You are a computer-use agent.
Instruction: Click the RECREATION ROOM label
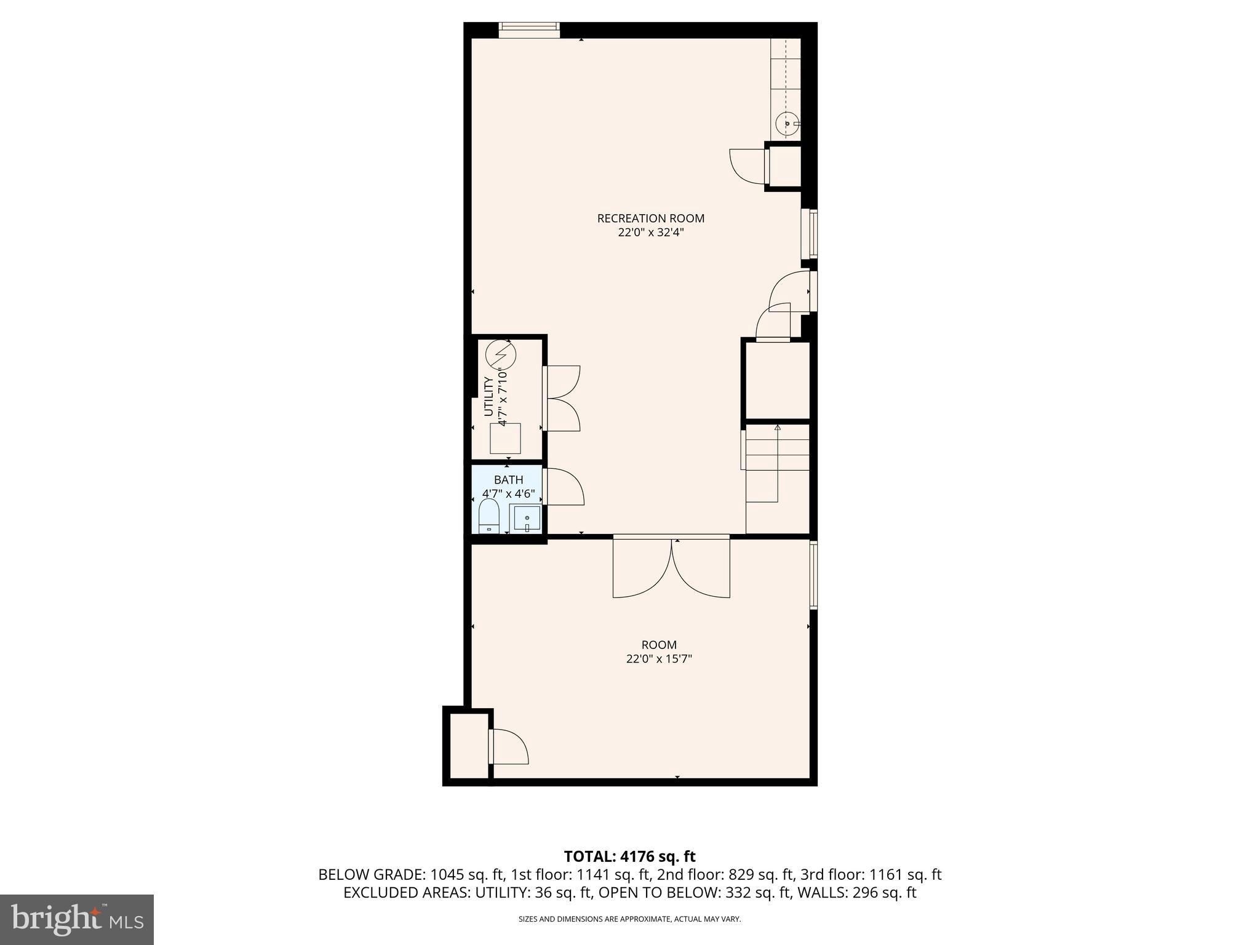click(650, 218)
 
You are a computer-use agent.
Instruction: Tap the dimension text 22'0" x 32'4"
click(650, 233)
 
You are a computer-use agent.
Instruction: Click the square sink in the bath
click(527, 518)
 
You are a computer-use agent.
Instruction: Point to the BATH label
click(508, 480)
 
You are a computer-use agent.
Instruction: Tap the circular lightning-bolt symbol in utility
click(500, 354)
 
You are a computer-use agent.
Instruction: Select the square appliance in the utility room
click(505, 438)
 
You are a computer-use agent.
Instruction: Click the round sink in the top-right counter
click(787, 124)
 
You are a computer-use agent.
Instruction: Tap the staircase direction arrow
click(777, 427)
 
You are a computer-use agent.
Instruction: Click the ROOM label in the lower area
click(659, 645)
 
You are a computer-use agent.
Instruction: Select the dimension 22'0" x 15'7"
click(659, 659)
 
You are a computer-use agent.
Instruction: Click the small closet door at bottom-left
click(509, 746)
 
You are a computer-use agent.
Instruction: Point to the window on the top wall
click(528, 30)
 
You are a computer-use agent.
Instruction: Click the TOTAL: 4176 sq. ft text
click(629, 856)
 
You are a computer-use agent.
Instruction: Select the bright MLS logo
click(77, 920)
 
